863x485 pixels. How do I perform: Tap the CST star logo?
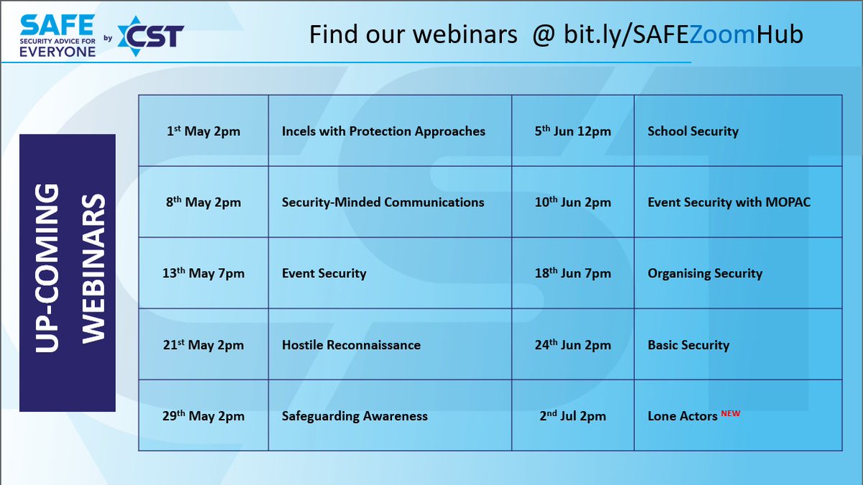[x=150, y=35]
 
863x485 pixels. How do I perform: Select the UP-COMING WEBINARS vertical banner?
[x=68, y=273]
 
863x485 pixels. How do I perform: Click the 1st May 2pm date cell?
[x=203, y=131]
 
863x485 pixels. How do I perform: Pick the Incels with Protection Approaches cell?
[x=383, y=131]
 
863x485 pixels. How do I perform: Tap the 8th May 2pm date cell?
[x=203, y=202]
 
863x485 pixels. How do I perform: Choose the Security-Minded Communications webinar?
[x=383, y=202]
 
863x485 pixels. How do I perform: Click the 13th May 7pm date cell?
[x=203, y=273]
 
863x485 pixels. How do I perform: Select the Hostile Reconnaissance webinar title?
[x=351, y=345]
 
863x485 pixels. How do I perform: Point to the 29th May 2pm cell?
[x=203, y=416]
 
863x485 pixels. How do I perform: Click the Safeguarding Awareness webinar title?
[x=355, y=416]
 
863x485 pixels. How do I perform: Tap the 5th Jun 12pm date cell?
[x=573, y=131]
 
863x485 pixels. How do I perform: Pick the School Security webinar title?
[x=693, y=131]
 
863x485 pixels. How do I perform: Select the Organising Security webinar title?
[x=705, y=273]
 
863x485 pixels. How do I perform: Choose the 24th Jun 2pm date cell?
[x=573, y=345]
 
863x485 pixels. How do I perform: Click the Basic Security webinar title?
[x=688, y=345]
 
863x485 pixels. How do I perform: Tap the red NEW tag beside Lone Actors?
[x=730, y=413]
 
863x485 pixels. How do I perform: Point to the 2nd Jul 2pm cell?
[x=573, y=416]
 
